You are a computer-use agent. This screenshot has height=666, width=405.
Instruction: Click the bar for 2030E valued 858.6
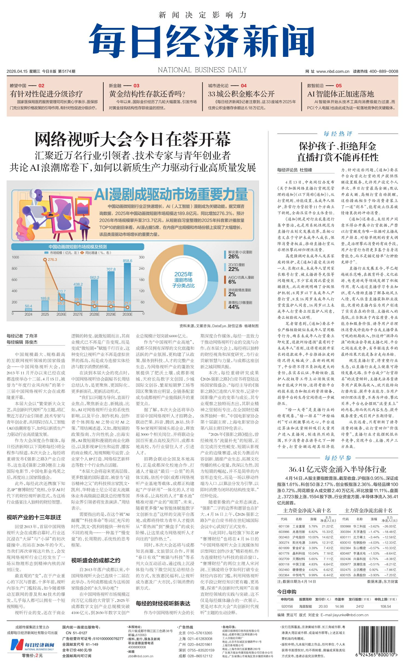point(127,287)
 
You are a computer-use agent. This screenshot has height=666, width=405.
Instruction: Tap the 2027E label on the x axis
point(78,314)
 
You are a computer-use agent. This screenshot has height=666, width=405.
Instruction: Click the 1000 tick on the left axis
point(15,257)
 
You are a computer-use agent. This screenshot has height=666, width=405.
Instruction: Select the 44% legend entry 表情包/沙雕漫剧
point(240,305)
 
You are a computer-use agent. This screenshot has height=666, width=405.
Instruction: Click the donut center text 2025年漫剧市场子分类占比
point(183,280)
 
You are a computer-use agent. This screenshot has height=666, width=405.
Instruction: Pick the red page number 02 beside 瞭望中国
point(41,86)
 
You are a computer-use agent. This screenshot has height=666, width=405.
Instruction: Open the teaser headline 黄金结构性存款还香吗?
point(147,94)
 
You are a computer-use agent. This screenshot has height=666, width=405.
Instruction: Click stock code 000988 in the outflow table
point(345,526)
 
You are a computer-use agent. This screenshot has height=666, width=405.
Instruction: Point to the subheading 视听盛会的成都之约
point(96,561)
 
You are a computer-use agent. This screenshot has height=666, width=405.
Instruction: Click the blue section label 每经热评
point(338,134)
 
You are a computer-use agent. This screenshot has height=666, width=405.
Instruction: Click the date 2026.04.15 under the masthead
point(17,71)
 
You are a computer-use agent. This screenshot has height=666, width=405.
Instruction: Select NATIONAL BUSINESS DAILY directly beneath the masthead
point(202,70)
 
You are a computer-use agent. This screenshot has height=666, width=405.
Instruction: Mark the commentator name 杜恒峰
point(306,170)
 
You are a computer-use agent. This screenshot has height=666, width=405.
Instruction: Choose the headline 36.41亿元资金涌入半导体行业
point(338,470)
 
